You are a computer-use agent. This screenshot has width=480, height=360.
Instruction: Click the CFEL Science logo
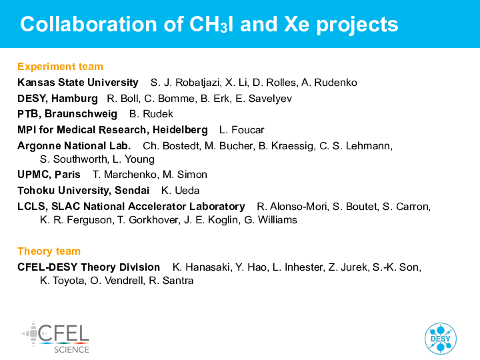point(55,337)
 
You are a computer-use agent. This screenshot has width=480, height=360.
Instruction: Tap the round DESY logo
point(441,339)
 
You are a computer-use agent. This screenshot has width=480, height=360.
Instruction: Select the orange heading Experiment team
point(60,67)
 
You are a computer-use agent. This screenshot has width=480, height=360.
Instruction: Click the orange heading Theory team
point(49,251)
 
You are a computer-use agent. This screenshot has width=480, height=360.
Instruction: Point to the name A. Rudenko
point(329,83)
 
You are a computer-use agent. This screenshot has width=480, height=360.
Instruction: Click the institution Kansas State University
point(78,83)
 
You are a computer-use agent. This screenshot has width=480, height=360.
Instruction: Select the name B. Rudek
point(151,114)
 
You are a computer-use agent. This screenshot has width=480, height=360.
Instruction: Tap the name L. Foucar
point(241,130)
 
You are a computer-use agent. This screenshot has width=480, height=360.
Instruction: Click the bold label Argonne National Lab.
point(74,146)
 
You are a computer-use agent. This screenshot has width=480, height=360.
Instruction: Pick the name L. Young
point(133,159)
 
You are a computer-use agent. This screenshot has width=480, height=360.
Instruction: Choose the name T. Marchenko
point(125,175)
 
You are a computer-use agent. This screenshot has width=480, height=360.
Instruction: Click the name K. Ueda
point(180,191)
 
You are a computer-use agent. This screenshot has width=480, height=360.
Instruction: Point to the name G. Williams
point(271,220)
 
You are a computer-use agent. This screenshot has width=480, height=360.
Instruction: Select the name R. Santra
point(171,281)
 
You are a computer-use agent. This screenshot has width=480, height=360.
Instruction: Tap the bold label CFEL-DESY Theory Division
point(89,267)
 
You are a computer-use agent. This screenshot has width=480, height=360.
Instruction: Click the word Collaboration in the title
point(89,24)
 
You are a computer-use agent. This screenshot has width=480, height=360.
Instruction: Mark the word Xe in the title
point(297,24)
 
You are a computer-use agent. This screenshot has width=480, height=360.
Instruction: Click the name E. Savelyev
point(263,99)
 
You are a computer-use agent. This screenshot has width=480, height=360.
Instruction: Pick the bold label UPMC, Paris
point(49,175)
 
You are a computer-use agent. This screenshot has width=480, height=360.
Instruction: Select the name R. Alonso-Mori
point(293,207)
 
